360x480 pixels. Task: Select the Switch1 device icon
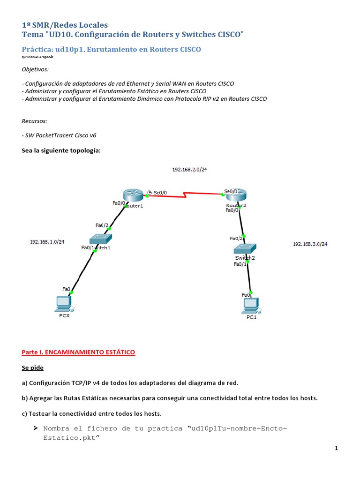coord(100,239)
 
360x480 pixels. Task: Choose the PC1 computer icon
coord(251,306)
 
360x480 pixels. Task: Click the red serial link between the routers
coord(187,195)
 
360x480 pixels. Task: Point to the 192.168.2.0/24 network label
coord(189,170)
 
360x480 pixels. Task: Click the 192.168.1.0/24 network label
coord(47,242)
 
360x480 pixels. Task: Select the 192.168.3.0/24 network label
coord(310,244)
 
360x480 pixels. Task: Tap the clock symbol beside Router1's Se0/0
coord(149,192)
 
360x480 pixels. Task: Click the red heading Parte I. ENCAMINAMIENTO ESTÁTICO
coord(78,352)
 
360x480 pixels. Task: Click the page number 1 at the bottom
coord(336,449)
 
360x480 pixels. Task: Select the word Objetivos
coord(35,69)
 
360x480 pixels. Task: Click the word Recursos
coord(35,121)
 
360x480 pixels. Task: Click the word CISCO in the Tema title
coord(231,35)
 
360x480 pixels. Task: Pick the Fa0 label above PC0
coord(66,289)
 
